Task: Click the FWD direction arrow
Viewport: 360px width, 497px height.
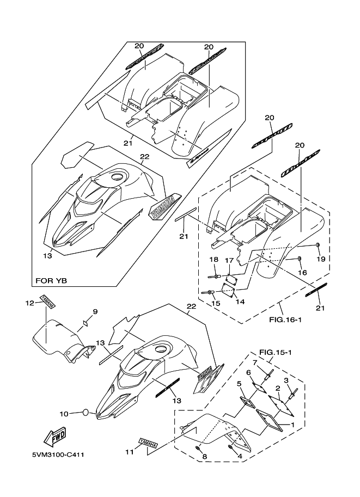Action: click(x=56, y=437)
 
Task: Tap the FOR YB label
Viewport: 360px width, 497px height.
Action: click(x=52, y=281)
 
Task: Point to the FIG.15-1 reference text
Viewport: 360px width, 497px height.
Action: click(x=276, y=352)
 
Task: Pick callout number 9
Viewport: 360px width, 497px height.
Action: click(x=95, y=311)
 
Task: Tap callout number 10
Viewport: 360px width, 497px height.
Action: click(x=64, y=414)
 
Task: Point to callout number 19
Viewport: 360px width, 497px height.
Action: click(x=321, y=259)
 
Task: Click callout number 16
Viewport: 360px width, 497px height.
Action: click(x=303, y=272)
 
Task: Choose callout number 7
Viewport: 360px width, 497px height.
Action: click(x=254, y=363)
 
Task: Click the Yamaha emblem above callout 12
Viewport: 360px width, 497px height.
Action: click(x=46, y=303)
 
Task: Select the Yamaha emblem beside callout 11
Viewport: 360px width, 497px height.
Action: click(x=148, y=444)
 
